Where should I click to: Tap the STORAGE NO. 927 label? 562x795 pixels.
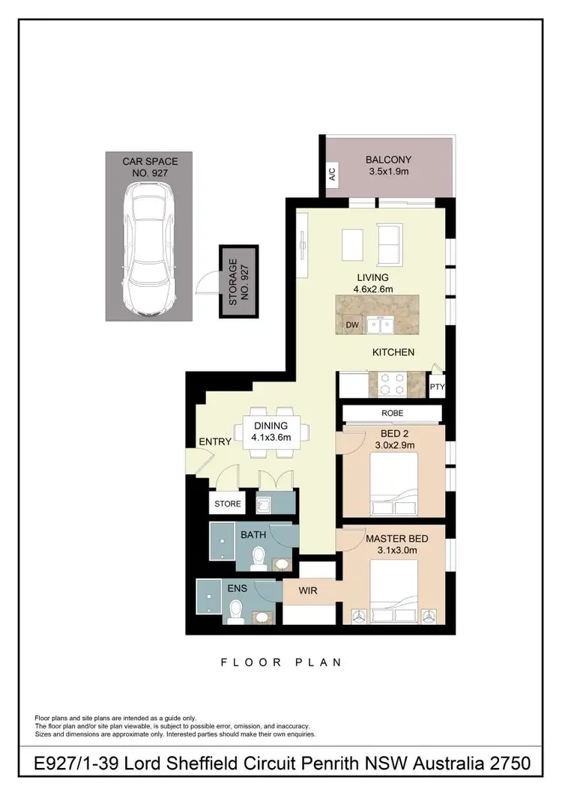pos(238,282)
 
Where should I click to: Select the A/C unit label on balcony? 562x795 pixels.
pos(331,175)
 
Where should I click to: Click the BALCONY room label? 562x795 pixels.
pos(386,160)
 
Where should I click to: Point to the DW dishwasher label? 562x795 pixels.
pos(352,325)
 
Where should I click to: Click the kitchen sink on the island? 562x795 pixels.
pos(380,324)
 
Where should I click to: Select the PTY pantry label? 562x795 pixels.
pos(437,388)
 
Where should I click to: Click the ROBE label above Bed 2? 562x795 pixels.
pos(392,413)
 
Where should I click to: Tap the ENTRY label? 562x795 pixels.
pos(215,441)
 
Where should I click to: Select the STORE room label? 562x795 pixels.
pos(228,504)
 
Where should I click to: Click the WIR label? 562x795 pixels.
pos(308,591)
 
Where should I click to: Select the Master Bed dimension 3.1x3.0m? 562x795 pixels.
pos(396,551)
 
